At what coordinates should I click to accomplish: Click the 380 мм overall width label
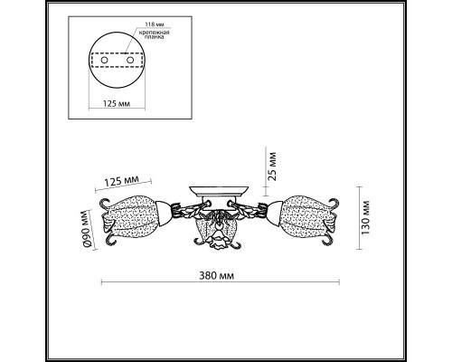click(x=216, y=276)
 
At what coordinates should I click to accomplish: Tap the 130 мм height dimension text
click(x=365, y=217)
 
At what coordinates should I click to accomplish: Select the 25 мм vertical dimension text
click(x=272, y=167)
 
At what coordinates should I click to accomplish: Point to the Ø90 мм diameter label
click(x=86, y=229)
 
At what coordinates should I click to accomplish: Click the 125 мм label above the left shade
click(x=122, y=181)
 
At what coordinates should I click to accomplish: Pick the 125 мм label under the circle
click(x=117, y=104)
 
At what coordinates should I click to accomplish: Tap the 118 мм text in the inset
click(x=155, y=24)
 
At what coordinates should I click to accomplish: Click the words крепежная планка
click(x=154, y=34)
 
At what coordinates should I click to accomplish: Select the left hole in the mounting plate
click(x=104, y=60)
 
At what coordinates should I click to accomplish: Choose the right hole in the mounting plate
click(x=130, y=60)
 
